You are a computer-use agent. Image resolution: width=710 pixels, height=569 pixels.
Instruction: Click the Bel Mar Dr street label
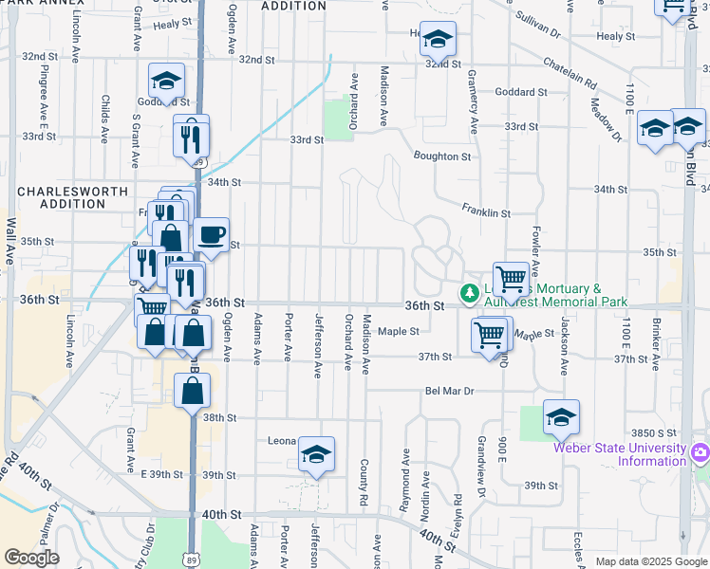pos(449,391)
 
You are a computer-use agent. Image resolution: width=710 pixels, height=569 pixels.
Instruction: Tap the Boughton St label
pos(441,156)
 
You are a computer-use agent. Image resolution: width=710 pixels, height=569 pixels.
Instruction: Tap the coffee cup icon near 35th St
pos(212,234)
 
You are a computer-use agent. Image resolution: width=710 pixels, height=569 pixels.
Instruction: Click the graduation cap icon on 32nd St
pos(438,39)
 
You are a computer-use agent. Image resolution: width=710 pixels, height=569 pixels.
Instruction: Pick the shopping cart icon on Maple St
pos(489,334)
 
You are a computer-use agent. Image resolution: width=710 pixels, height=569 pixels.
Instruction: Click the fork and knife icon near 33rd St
pos(191,138)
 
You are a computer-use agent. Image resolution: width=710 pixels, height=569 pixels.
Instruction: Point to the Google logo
pos(31,558)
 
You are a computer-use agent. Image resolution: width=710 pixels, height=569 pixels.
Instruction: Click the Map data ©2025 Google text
pos(650,561)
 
